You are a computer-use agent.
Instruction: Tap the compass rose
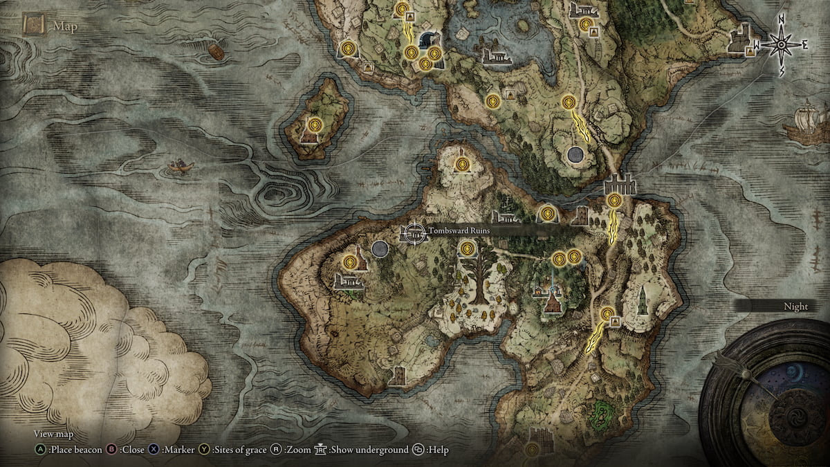coord(781,44)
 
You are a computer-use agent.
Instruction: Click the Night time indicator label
coord(795,306)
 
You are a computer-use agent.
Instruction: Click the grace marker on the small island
coord(315,125)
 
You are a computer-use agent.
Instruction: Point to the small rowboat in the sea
coord(181,165)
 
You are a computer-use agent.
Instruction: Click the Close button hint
coord(126,450)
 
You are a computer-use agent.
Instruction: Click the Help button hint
coord(432,450)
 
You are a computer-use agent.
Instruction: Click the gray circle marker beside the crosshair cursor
coord(380,248)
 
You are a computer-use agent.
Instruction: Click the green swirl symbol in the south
coord(604,412)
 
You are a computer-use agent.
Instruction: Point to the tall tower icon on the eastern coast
coord(643,299)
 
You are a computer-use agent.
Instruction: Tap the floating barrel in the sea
coord(216,52)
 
